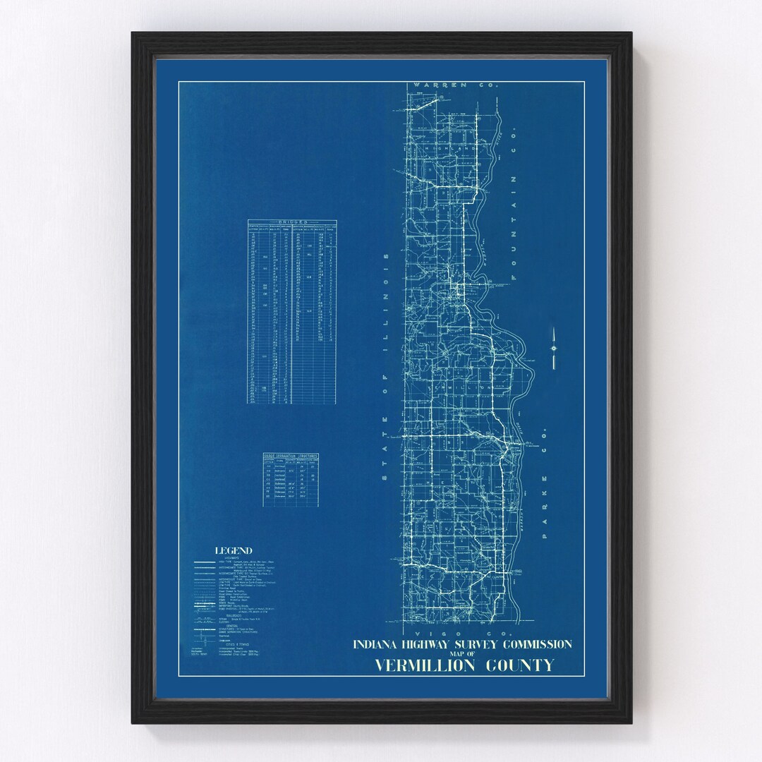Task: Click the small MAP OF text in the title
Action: click(x=463, y=654)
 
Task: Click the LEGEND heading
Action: click(x=234, y=551)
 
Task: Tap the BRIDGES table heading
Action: click(x=291, y=222)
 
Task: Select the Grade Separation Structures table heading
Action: click(x=291, y=456)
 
